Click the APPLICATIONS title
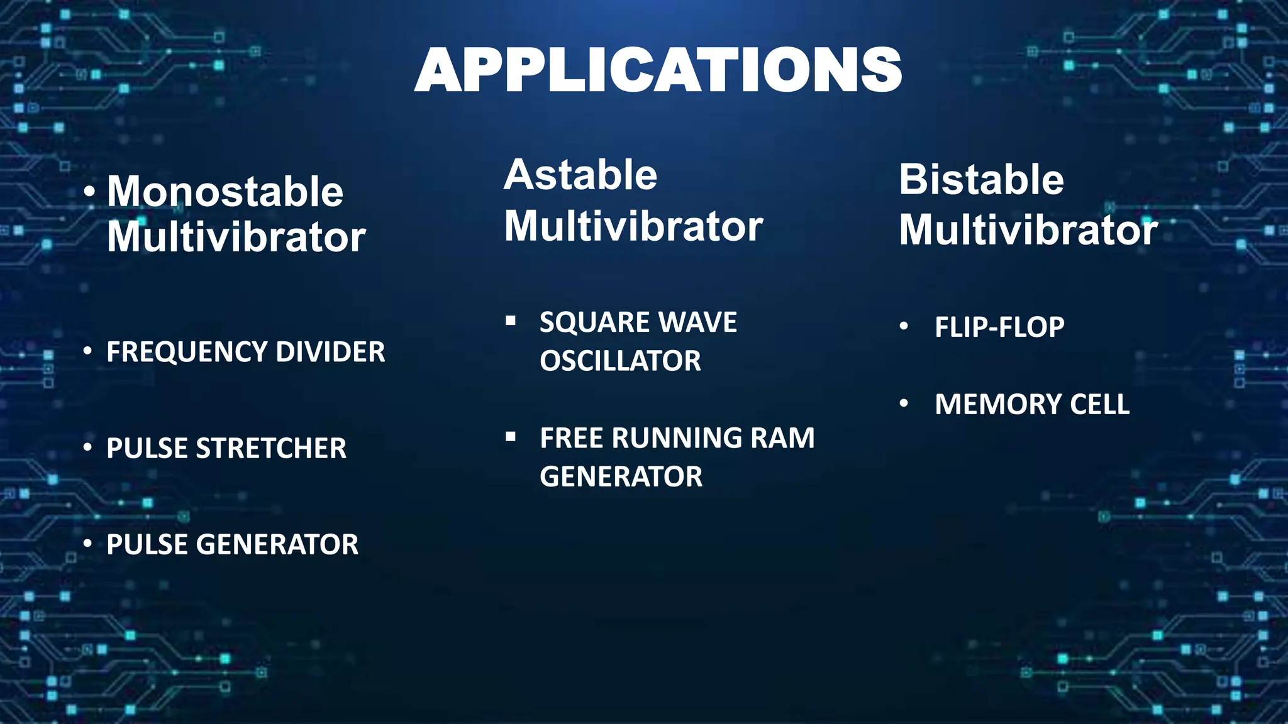[658, 70]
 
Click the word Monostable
[225, 191]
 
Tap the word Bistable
[981, 180]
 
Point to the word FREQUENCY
[187, 352]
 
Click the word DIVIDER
[330, 352]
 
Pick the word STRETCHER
[271, 449]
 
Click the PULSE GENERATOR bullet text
[232, 545]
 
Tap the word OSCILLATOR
[620, 361]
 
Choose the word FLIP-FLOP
[999, 327]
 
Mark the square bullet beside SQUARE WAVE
[511, 321]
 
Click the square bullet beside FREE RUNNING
[511, 437]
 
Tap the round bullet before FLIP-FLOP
[904, 326]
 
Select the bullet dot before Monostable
[90, 192]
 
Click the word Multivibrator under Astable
[633, 226]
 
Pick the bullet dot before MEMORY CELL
[904, 403]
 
